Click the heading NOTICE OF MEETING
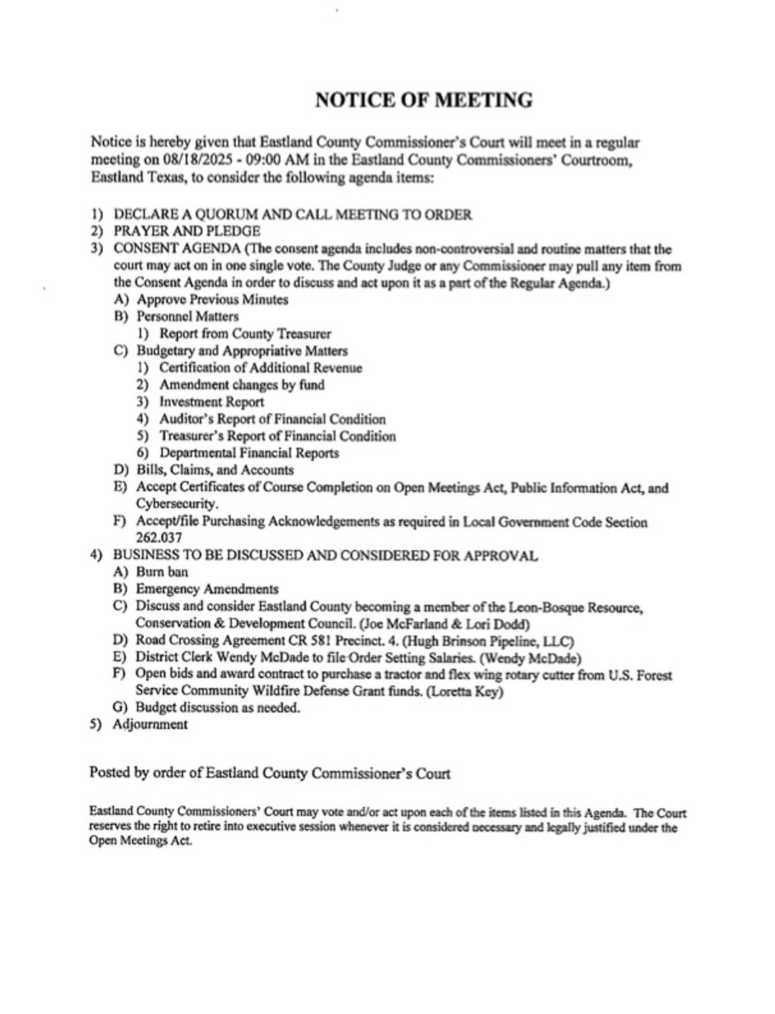point(424,100)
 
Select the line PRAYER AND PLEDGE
point(186,231)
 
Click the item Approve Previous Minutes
point(212,300)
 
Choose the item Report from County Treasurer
point(245,334)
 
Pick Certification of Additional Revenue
point(260,368)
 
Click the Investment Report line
point(211,402)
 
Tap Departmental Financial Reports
point(249,453)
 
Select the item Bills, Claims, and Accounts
point(215,470)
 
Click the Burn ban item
point(162,572)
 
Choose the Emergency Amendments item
point(207,589)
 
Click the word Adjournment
point(150,724)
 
